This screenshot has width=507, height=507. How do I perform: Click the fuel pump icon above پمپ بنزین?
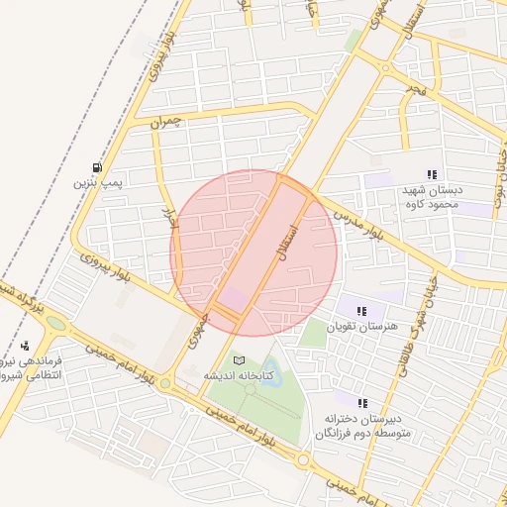pyautogui.click(x=96, y=167)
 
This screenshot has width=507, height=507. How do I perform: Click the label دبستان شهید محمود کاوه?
pyautogui.click(x=431, y=197)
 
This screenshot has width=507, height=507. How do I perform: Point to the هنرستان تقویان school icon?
pyautogui.click(x=361, y=311)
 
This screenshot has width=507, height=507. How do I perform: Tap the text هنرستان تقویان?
pyautogui.click(x=361, y=327)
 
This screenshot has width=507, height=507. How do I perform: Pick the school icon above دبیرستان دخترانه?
pyautogui.click(x=362, y=403)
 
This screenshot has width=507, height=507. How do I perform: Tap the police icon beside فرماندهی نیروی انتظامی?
pyautogui.click(x=25, y=346)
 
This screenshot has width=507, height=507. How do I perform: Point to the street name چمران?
pyautogui.click(x=168, y=124)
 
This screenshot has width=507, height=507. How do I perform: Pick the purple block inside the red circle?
pyautogui.click(x=234, y=298)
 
